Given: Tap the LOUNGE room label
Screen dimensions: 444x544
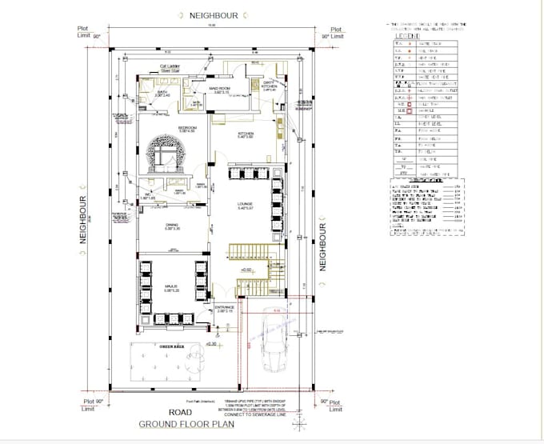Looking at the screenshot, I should pyautogui.click(x=245, y=206).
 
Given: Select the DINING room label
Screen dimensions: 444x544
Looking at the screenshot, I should pyautogui.click(x=171, y=226).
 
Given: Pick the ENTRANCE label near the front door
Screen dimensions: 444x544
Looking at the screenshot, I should pyautogui.click(x=225, y=308).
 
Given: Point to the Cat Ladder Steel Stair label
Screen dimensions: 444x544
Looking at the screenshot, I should pyautogui.click(x=170, y=69).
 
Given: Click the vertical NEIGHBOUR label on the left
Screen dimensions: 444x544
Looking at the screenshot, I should pyautogui.click(x=83, y=220).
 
